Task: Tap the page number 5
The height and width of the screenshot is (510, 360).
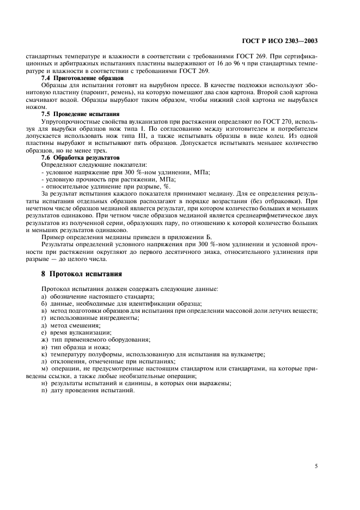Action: (316, 465)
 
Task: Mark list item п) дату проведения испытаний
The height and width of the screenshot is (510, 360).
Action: (87, 390)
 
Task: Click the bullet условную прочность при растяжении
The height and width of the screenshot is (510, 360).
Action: (87, 178)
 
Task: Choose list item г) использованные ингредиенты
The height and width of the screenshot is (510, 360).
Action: (86, 318)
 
